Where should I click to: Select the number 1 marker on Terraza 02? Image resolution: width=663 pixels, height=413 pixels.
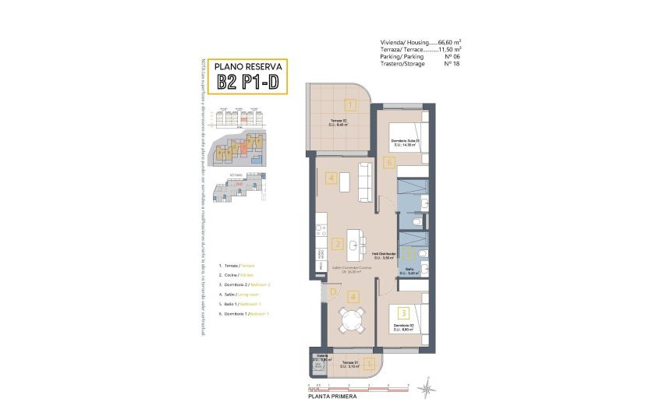(x=350, y=105)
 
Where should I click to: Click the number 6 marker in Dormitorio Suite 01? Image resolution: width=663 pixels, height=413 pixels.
(x=388, y=163)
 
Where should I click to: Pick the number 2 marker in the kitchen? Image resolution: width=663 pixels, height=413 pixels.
(x=337, y=244)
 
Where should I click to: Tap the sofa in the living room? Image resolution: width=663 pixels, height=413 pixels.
(x=364, y=180)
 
